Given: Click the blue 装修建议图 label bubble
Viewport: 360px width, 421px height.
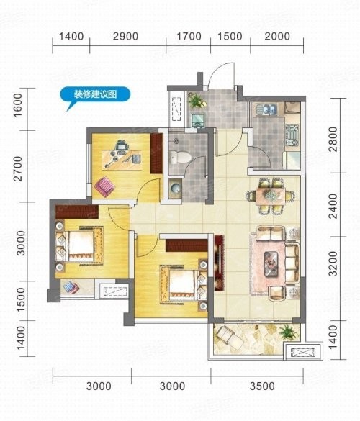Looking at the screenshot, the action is [95, 95].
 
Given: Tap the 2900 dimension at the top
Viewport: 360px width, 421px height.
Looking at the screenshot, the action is [125, 36].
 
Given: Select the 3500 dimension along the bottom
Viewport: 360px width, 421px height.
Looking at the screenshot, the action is [262, 386].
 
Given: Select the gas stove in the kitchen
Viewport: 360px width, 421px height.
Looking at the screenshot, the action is [292, 135].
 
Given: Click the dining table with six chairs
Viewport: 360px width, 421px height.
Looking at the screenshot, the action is [271, 196].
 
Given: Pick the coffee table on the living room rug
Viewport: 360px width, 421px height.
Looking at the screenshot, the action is [271, 263].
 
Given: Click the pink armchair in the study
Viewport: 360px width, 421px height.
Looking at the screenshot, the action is [104, 186].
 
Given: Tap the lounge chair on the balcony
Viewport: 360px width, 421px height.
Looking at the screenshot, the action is [230, 338].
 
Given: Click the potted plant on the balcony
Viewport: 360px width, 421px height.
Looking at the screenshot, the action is [289, 332].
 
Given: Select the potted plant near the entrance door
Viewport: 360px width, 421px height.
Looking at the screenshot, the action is [197, 101].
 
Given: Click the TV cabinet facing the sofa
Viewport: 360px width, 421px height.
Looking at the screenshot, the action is [219, 263].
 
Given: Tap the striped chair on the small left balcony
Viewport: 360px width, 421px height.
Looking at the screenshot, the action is [71, 287].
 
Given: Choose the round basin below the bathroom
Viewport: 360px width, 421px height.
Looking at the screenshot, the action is [176, 188].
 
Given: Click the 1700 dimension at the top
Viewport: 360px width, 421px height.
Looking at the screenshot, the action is [189, 36].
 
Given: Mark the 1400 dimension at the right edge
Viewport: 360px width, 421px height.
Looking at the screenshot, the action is [333, 336].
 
